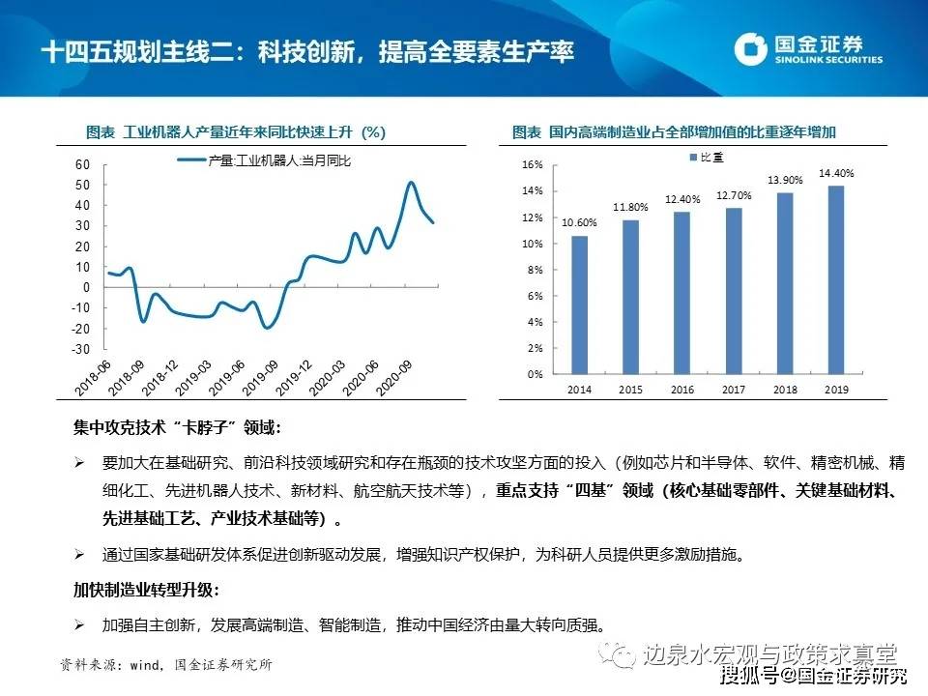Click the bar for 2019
pos(836,280)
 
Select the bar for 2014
pos(580,304)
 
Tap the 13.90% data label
pos(786,180)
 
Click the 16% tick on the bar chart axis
pos(532,164)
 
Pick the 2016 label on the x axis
pos(682,389)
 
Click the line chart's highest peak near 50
pos(411,182)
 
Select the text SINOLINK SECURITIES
pos(829,60)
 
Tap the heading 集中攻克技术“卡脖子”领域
pos(180,428)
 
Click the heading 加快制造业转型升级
pos(147,590)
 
